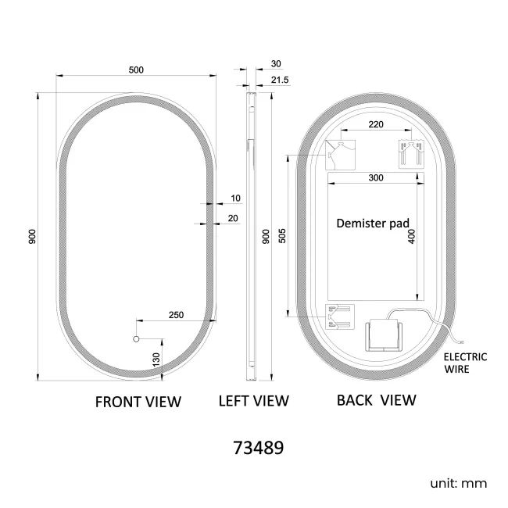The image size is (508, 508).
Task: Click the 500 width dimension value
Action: pyautogui.click(x=136, y=70)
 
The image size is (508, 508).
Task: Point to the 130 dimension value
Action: pyautogui.click(x=156, y=359)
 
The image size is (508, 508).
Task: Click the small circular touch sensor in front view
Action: pyautogui.click(x=135, y=340)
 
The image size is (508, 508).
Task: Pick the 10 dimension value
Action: pyautogui.click(x=234, y=199)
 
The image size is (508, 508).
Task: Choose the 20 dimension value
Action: pyautogui.click(x=234, y=218)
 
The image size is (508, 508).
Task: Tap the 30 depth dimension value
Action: pyautogui.click(x=276, y=64)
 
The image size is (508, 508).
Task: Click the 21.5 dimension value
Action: pyautogui.click(x=280, y=80)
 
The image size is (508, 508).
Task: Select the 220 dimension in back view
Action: pyautogui.click(x=376, y=124)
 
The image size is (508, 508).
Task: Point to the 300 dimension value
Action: pyautogui.click(x=375, y=178)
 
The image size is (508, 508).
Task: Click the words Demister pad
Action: pyautogui.click(x=373, y=223)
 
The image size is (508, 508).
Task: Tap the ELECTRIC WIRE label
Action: pyautogui.click(x=465, y=363)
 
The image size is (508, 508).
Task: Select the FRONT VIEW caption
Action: pyautogui.click(x=138, y=402)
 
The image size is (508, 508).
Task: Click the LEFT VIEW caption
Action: pyautogui.click(x=253, y=401)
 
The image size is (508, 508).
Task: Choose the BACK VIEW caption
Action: pyautogui.click(x=376, y=400)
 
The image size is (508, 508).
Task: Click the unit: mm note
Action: pyautogui.click(x=458, y=483)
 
